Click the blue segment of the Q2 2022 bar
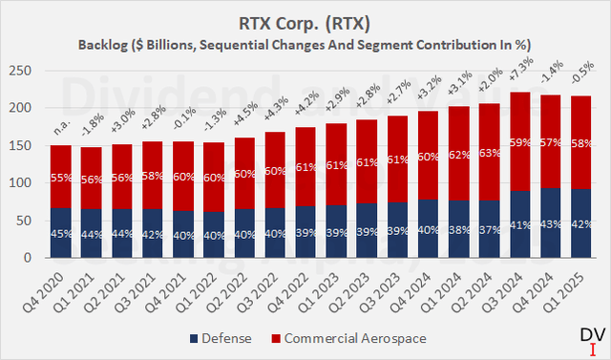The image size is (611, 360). pos(244,233)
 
